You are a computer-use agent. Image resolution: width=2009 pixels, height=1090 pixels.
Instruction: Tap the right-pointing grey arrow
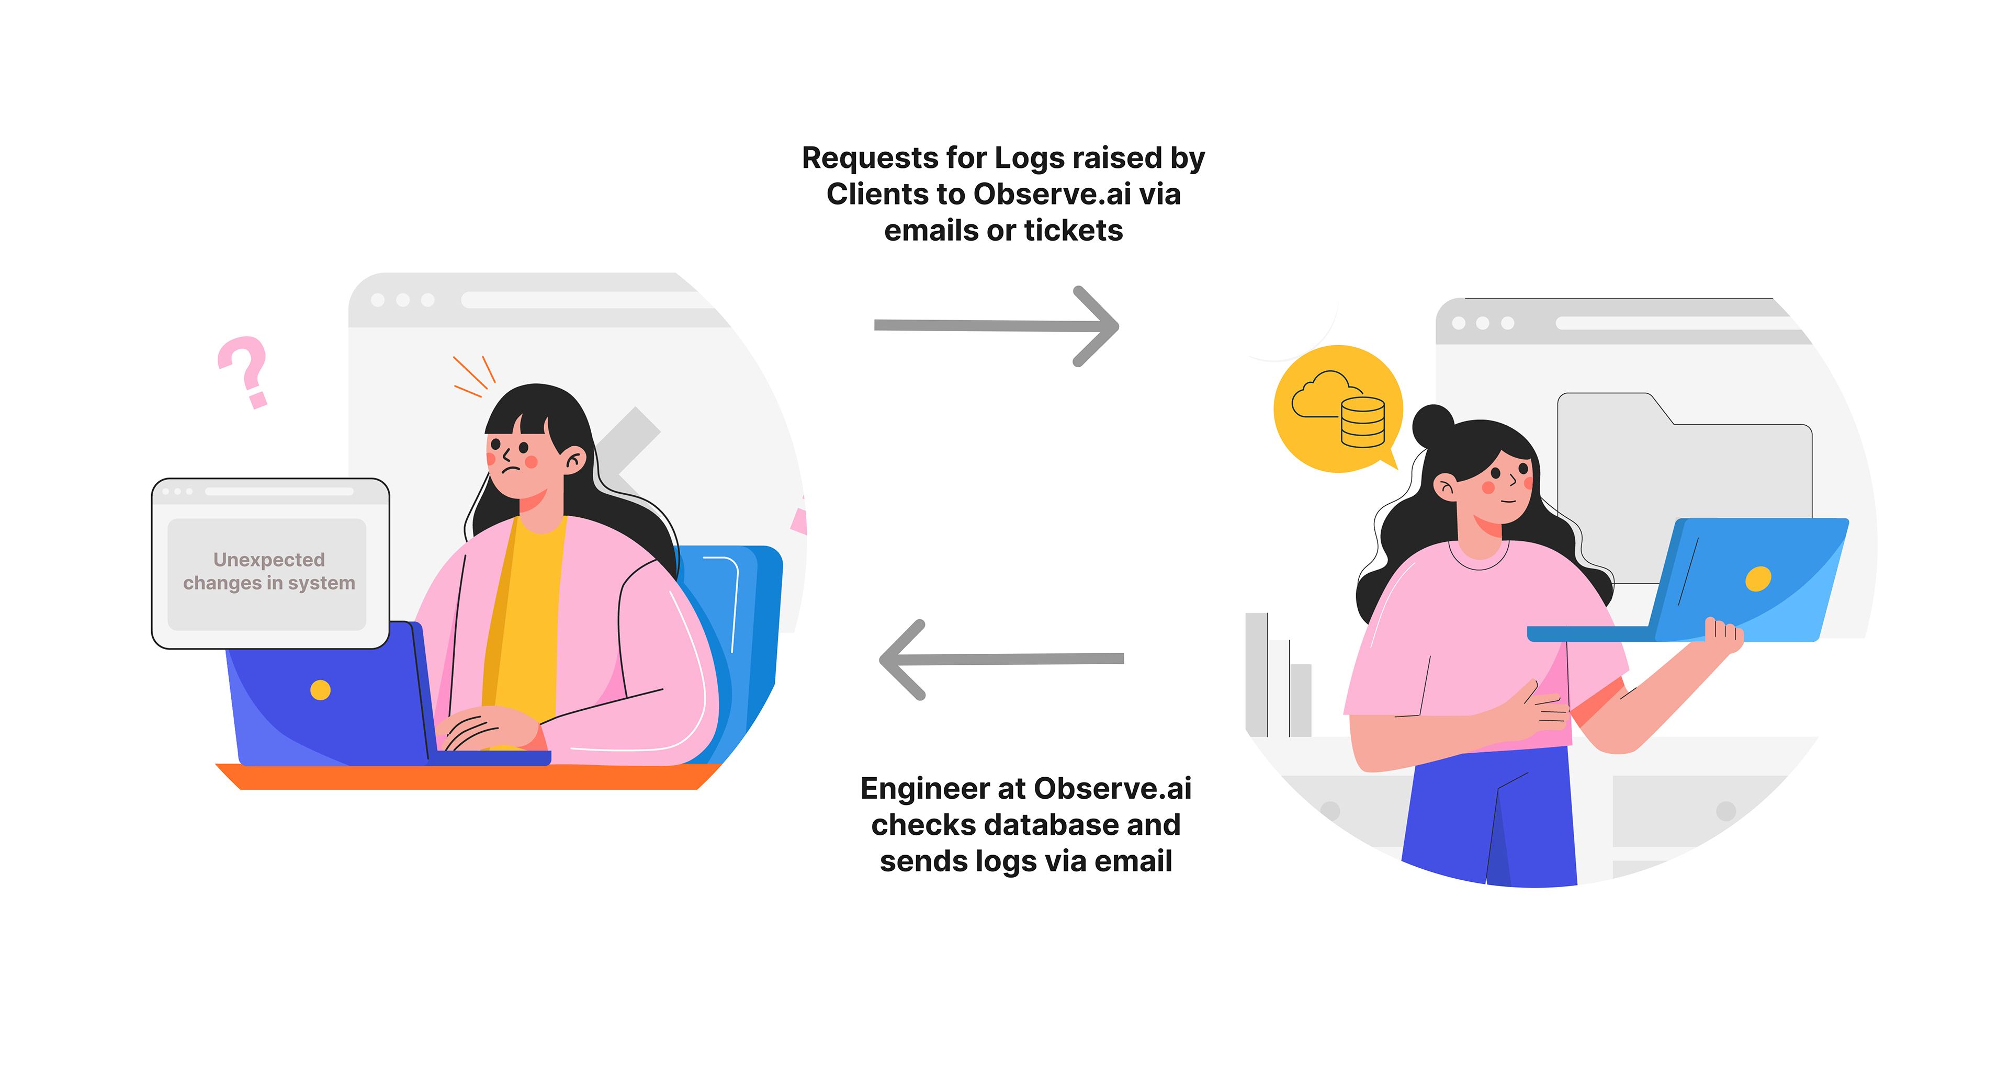(x=998, y=326)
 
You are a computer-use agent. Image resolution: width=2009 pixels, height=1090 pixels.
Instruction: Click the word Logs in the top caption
(x=1028, y=158)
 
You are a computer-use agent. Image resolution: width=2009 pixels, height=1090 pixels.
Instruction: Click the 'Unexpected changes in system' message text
(x=268, y=572)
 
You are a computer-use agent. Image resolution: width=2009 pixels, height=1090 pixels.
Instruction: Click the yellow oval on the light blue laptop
(x=1758, y=578)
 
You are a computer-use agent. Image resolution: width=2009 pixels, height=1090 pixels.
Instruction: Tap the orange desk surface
(x=468, y=777)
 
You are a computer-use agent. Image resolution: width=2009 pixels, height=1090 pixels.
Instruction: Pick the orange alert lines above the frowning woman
(x=473, y=376)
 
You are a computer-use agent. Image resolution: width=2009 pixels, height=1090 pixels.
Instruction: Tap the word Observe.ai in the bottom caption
(x=1112, y=789)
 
